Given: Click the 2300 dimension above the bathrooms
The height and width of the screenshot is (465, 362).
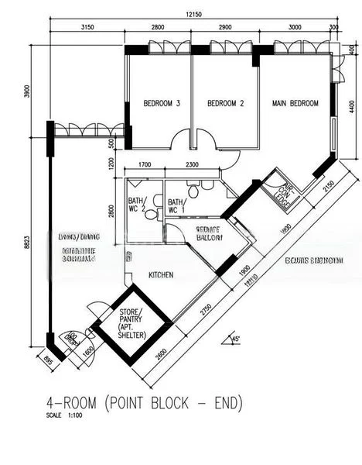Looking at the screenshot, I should point(193,165).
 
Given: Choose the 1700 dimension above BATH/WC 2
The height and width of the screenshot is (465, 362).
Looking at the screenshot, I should point(144,165).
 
